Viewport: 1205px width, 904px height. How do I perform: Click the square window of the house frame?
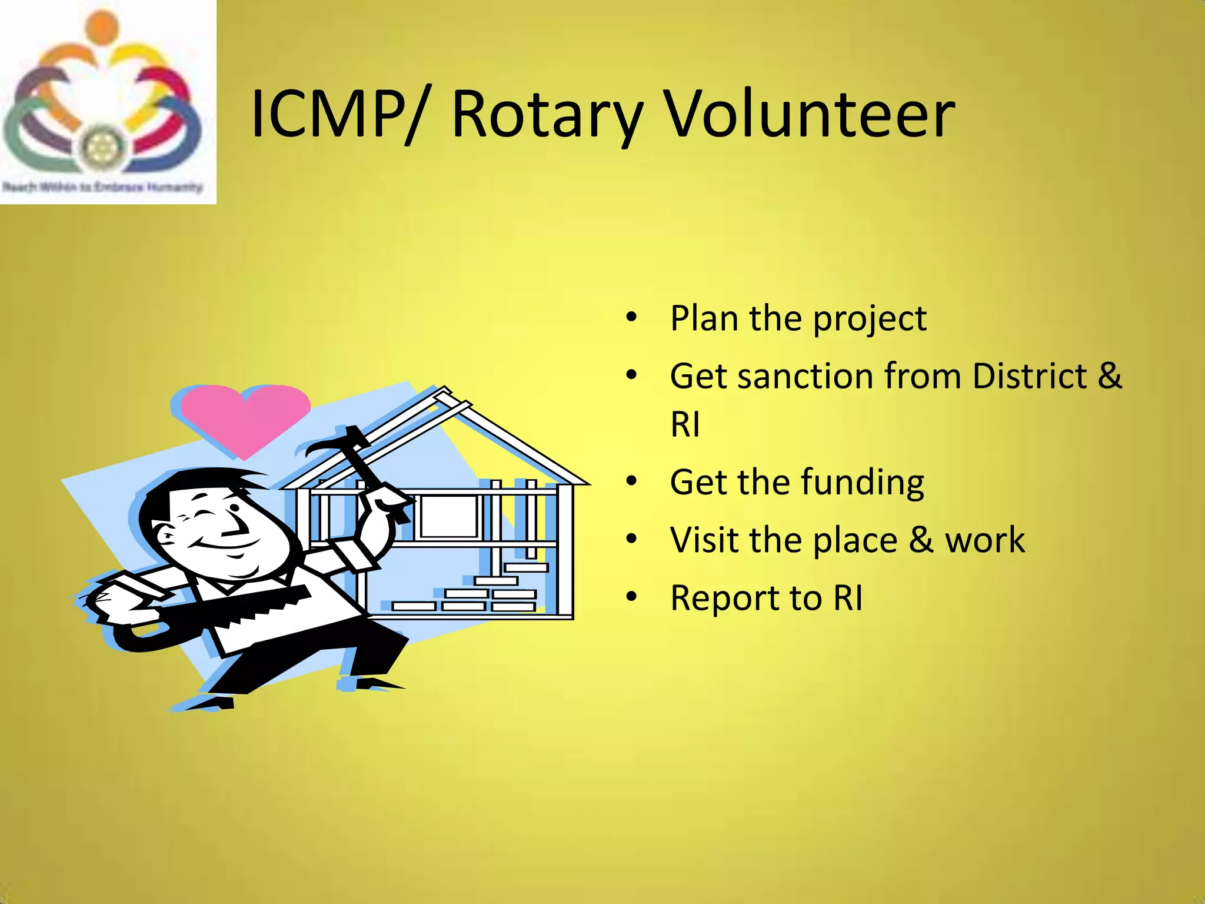448,516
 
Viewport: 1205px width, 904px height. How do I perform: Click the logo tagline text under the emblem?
102,187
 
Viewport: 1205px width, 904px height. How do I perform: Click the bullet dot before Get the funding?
631,481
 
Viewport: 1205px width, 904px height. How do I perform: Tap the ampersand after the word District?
1109,376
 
